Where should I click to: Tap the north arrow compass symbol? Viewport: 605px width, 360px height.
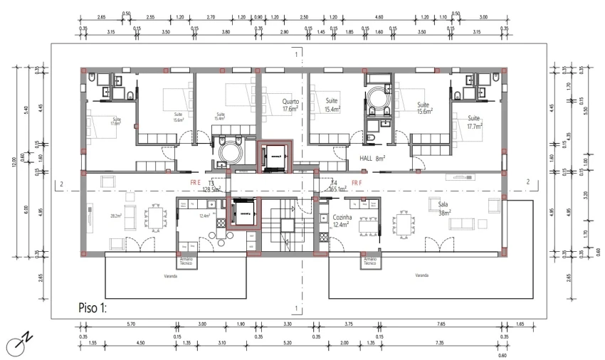[18, 344]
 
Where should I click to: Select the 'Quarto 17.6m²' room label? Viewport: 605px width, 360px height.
[290, 105]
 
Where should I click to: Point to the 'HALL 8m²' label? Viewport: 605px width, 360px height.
[372, 159]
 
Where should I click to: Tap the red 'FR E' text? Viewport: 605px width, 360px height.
[196, 183]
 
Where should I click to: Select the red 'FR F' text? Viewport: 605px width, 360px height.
[357, 183]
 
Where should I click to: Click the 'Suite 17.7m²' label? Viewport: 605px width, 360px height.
[474, 122]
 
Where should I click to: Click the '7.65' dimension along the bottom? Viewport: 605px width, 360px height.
[441, 324]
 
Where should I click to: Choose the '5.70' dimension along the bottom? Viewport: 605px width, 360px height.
[130, 324]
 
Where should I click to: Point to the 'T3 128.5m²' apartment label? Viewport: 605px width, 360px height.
[211, 186]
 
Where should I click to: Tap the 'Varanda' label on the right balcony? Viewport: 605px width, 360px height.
[420, 275]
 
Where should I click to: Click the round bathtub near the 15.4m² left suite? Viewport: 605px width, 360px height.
[231, 152]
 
